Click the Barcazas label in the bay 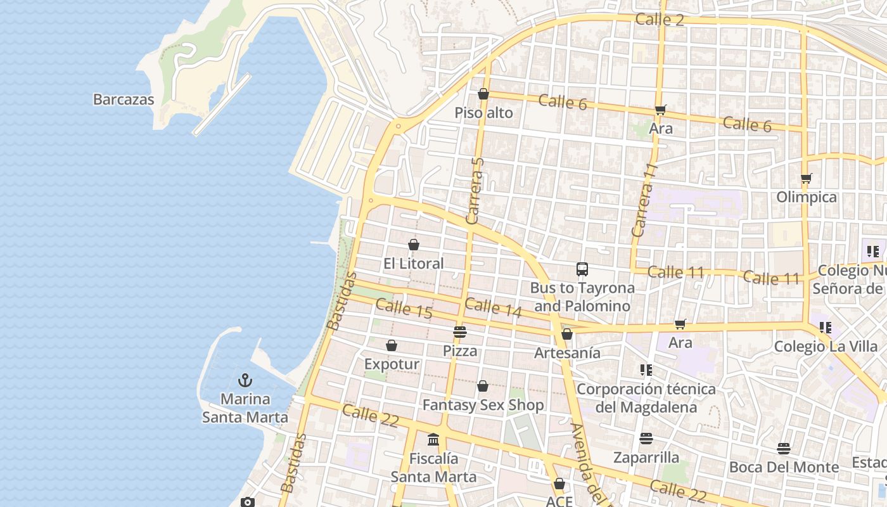[124, 99]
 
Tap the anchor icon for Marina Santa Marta [245, 380]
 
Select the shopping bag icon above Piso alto [483, 94]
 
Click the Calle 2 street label [660, 20]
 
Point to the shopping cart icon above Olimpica [806, 178]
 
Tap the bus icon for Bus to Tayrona [582, 269]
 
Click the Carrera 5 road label [475, 191]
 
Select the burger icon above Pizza [460, 331]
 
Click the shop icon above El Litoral [414, 245]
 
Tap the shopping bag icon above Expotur [392, 345]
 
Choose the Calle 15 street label [404, 309]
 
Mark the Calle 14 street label [493, 307]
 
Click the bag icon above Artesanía [567, 334]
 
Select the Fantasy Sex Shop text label [483, 405]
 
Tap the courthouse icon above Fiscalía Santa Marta [433, 439]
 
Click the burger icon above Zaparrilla [646, 439]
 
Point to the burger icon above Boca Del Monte [784, 449]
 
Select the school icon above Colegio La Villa [825, 328]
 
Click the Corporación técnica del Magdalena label [646, 397]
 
